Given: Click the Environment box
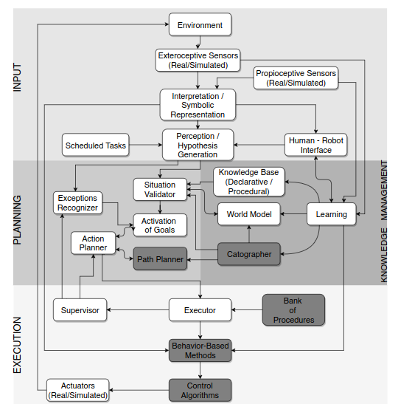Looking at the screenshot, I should click(200, 25).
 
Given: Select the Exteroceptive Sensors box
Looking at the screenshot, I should click(198, 60).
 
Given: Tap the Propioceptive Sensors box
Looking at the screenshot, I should click(296, 78).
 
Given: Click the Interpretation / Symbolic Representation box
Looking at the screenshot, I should click(198, 105).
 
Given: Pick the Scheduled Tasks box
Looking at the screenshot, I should click(95, 145).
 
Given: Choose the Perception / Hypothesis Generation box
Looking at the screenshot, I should click(198, 145).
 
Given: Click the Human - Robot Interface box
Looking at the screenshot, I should click(315, 145).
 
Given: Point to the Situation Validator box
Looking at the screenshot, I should click(160, 189).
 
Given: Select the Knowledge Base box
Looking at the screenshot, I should click(249, 182).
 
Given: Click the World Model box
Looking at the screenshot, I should click(248, 215).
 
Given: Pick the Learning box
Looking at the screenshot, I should click(331, 215).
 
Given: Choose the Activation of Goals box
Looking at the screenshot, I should click(159, 225).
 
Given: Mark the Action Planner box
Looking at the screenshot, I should click(94, 243).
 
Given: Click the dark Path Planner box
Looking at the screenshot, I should click(159, 259).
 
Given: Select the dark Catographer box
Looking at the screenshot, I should click(249, 254).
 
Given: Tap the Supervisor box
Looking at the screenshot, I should click(80, 310).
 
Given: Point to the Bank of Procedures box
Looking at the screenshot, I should click(293, 310).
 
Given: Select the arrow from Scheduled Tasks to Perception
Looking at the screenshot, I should click(145, 145).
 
